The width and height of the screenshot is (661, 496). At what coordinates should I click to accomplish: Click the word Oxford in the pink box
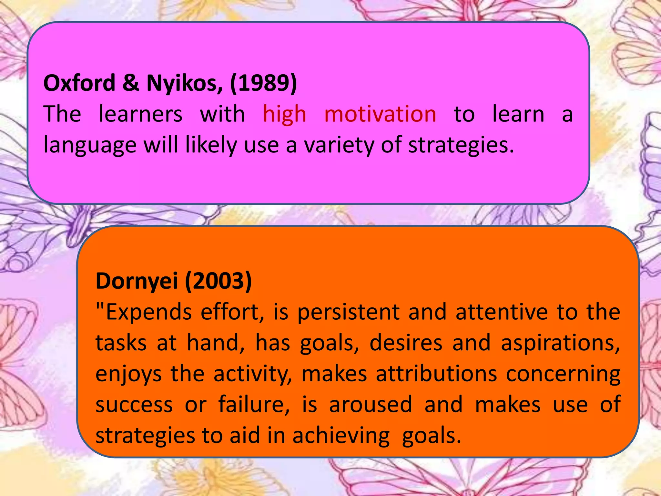click(79, 83)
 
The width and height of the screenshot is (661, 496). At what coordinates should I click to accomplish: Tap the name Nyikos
click(184, 83)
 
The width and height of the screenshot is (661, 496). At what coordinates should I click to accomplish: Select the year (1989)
click(263, 83)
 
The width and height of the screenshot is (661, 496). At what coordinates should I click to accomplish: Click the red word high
click(284, 114)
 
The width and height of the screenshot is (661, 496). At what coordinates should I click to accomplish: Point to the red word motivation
click(380, 114)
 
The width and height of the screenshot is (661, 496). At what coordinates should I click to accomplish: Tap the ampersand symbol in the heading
click(131, 83)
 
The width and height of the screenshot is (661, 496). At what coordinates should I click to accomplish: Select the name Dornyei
click(137, 281)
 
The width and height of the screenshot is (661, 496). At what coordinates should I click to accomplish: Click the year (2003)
click(218, 281)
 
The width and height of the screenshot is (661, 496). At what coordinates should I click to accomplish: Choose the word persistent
click(349, 312)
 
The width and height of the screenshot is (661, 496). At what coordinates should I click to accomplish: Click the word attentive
click(502, 312)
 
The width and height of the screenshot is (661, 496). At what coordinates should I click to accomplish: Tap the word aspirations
click(560, 343)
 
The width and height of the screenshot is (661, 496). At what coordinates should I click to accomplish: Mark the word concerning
click(563, 374)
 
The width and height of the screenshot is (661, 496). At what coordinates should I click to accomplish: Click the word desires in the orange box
click(406, 343)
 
